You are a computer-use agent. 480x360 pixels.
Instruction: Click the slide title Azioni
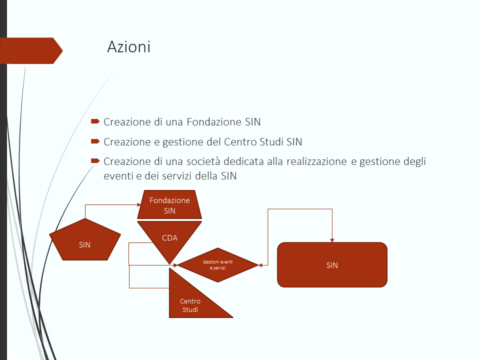tap(128, 47)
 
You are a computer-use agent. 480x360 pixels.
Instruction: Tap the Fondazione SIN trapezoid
tap(169, 205)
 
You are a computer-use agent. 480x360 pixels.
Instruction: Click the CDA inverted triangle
tap(170, 240)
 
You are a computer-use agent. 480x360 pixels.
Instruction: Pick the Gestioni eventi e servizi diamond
tap(217, 264)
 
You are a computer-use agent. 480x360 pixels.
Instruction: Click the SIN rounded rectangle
tap(332, 264)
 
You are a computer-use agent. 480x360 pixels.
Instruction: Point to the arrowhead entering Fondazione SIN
tap(139, 204)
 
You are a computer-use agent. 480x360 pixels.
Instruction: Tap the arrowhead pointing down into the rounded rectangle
tap(332, 239)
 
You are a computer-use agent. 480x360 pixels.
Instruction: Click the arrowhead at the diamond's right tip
tap(260, 264)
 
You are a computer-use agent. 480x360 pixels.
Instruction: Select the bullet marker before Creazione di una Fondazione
tap(95, 121)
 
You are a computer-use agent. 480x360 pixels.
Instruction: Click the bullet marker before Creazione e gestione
tap(95, 141)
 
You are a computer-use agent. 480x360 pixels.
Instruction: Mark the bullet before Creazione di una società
tap(95, 161)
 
